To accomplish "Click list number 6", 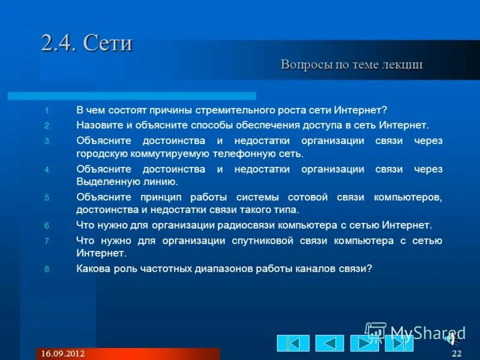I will [48, 226].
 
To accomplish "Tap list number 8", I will [48, 269].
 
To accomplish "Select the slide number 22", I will [457, 353].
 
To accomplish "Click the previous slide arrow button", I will [329, 343].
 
